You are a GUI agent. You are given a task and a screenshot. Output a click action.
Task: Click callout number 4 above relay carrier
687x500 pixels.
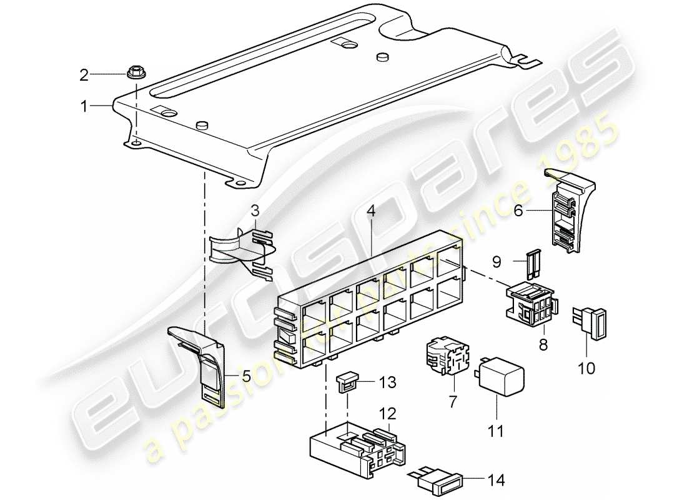click(x=371, y=212)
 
